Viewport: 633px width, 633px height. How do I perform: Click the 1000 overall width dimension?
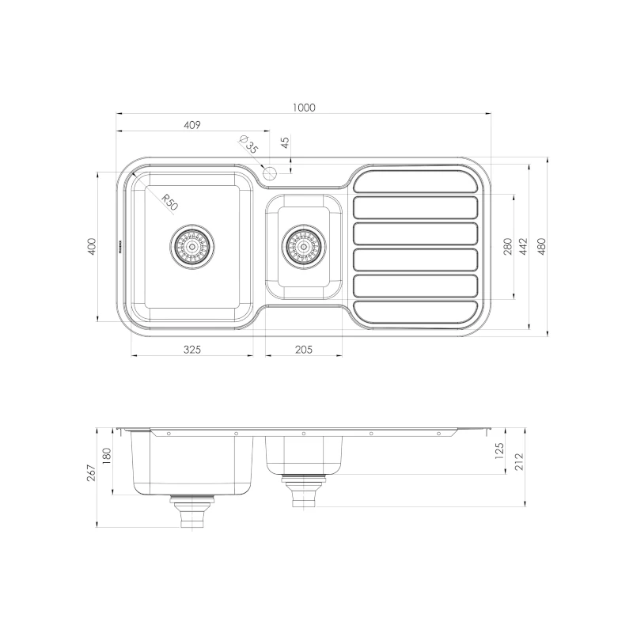[304, 108]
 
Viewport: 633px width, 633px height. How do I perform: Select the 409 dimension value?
[192, 125]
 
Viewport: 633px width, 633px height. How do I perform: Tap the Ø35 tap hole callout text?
[248, 144]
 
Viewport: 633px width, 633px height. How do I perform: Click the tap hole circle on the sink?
[269, 173]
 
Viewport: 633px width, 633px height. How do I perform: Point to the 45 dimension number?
[286, 142]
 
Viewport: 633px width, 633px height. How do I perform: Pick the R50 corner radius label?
[169, 202]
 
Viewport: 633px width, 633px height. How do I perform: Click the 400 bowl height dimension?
[93, 246]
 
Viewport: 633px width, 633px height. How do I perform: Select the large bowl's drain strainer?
[192, 246]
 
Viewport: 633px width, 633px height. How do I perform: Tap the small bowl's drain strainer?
[304, 246]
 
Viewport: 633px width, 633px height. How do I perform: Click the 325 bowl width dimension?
[192, 349]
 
